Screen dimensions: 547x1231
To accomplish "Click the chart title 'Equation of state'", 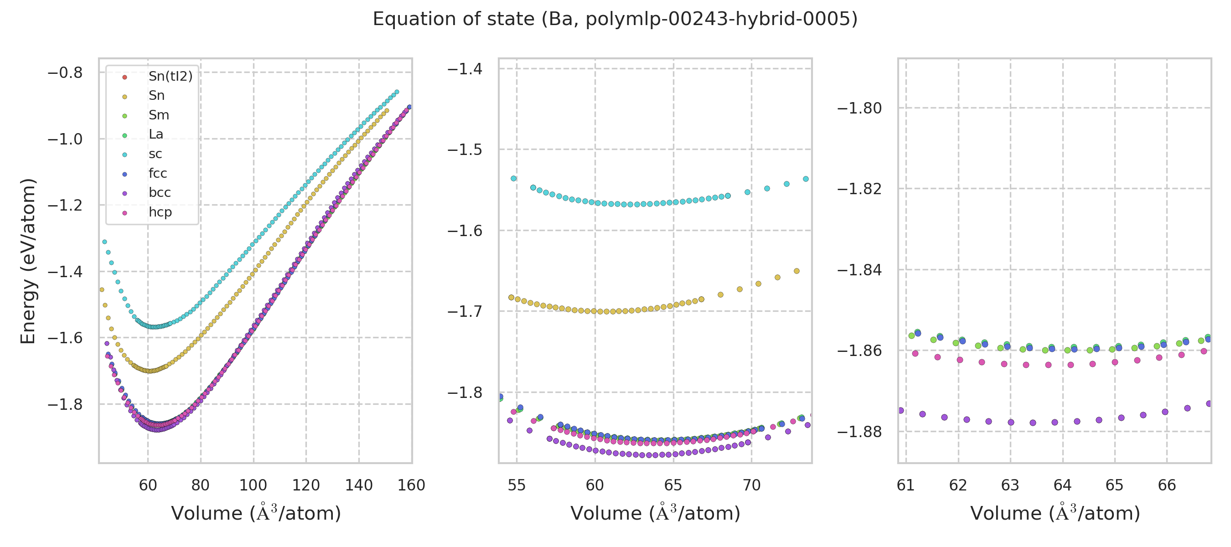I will pyautogui.click(x=615, y=19).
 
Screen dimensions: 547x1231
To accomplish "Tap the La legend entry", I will pyautogui.click(x=156, y=134).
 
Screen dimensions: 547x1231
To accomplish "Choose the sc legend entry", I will pyautogui.click(x=155, y=154).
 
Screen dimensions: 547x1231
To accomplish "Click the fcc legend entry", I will pyautogui.click(x=158, y=173).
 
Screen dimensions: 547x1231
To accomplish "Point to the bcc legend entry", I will pyautogui.click(x=160, y=192).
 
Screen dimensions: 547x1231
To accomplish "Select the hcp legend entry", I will pyautogui.click(x=160, y=212).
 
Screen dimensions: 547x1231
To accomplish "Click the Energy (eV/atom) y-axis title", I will pyautogui.click(x=28, y=261).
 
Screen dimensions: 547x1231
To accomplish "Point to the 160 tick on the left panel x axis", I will pyautogui.click(x=411, y=485).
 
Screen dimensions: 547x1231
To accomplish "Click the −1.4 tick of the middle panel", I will pyautogui.click(x=465, y=69).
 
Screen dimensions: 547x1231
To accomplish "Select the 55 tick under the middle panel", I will pyautogui.click(x=517, y=485).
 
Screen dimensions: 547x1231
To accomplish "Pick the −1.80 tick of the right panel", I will pyautogui.click(x=859, y=108).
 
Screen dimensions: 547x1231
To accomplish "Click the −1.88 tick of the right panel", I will pyautogui.click(x=859, y=432).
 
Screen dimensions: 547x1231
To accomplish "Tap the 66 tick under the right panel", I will pyautogui.click(x=1167, y=485).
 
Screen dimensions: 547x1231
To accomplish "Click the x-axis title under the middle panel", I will pyautogui.click(x=655, y=513).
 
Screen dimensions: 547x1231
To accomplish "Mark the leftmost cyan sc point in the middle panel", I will pyautogui.click(x=514, y=179).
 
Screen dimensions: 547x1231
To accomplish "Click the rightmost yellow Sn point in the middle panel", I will pyautogui.click(x=797, y=271).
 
